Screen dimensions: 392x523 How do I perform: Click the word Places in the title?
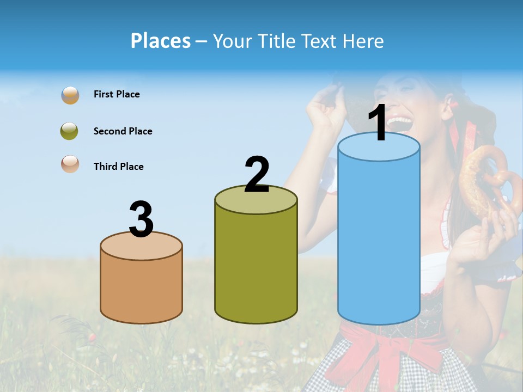pos(161,41)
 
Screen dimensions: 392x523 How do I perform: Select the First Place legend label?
pos(117,94)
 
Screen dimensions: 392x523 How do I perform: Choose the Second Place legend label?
pos(123,131)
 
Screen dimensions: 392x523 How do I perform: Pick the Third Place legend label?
pos(118,167)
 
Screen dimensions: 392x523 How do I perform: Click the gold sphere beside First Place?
pos(70,95)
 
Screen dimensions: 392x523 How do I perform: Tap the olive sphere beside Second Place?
pos(69,131)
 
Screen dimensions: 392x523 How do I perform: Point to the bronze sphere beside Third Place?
pos(70,164)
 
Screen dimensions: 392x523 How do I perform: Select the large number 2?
pos(257,174)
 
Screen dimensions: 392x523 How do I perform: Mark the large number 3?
pos(141,219)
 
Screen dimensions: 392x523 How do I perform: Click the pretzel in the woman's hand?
pos(485,180)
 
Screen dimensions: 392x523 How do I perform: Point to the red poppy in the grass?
pos(93,338)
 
